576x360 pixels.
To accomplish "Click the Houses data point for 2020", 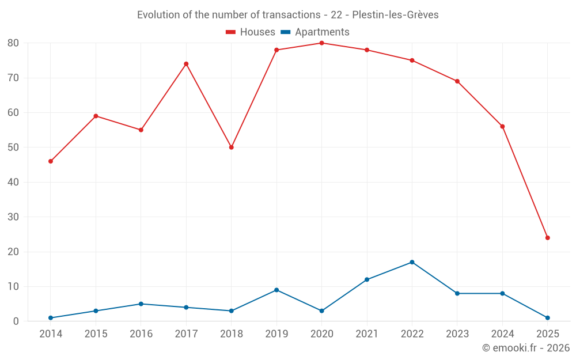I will (x=321, y=43).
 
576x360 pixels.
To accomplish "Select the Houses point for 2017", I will (x=186, y=64).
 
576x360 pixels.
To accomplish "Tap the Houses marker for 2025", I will (x=547, y=238).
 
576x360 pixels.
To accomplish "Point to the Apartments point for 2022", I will (x=412, y=262).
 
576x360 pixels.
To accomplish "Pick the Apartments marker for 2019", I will (x=276, y=290).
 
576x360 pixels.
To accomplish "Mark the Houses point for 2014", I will (x=51, y=161).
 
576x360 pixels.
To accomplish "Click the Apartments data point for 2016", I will (x=141, y=304).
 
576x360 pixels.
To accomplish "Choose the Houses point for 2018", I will (x=232, y=147).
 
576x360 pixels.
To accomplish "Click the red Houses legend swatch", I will (x=231, y=32).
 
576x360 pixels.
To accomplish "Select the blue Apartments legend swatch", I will (x=286, y=32).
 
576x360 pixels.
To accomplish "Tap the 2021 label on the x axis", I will (x=367, y=334).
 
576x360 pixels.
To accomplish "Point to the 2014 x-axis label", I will (x=51, y=334).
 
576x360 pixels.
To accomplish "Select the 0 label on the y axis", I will (x=17, y=321).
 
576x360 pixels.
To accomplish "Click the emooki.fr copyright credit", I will (x=526, y=348).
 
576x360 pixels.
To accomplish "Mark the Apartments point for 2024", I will (x=502, y=293).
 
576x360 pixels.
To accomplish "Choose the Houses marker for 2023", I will (x=457, y=81).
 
